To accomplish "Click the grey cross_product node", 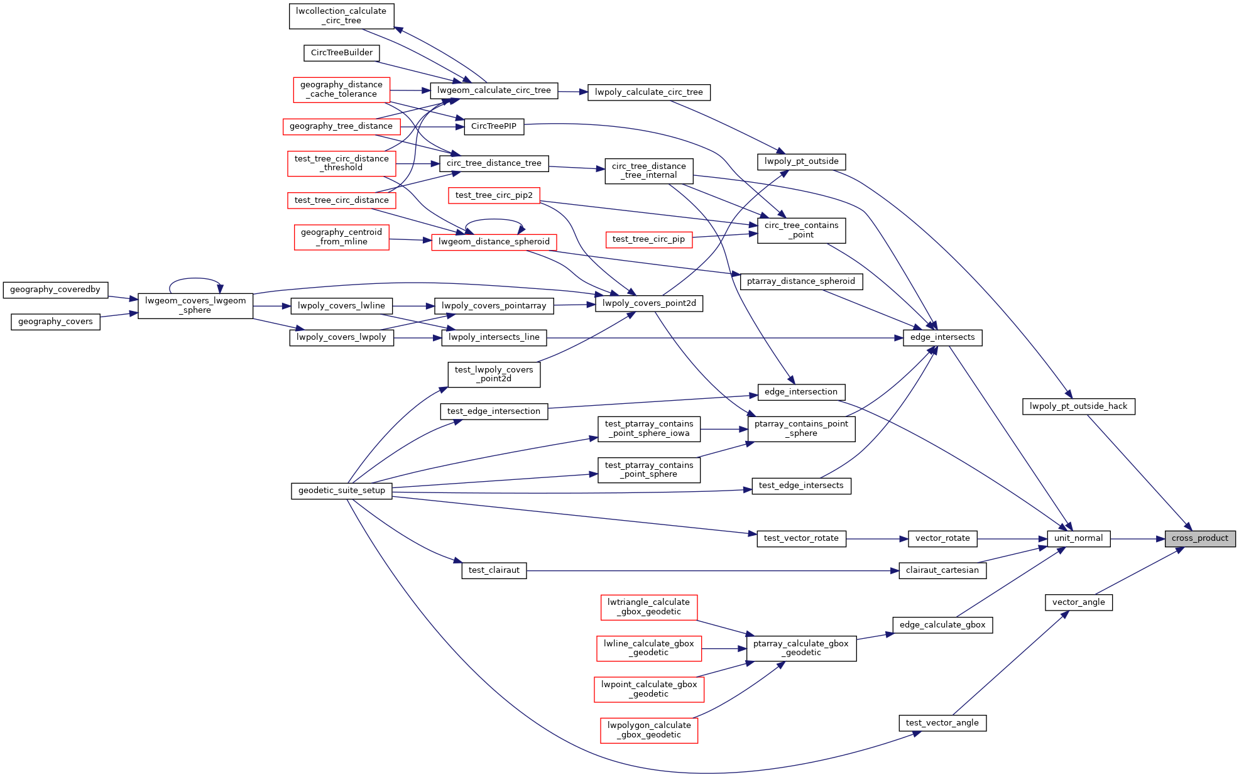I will point(1199,538).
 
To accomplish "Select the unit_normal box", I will point(1078,538).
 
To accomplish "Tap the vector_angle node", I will point(1078,602).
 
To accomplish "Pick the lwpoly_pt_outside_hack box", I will point(1078,406).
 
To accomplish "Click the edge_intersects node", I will point(942,337).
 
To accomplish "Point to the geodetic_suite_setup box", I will point(341,491).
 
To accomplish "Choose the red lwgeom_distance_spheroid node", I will point(494,242).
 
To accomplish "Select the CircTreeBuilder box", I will point(341,53).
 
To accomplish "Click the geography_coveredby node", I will point(55,290).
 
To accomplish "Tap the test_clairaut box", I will point(494,570).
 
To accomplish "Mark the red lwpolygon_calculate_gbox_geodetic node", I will point(649,730).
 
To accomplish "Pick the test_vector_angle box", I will point(942,723).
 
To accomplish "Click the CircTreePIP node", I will point(493,126).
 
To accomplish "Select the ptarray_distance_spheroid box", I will point(800,281).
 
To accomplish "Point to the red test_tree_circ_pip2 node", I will point(494,195).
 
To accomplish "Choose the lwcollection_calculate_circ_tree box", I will point(341,16).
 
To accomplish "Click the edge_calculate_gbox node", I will point(942,625).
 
